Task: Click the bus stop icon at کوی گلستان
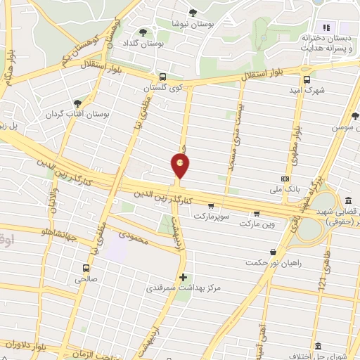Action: pos(163,77)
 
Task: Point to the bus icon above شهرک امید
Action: pos(307,79)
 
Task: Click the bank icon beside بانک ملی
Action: pos(284,179)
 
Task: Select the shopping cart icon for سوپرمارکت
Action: pos(211,206)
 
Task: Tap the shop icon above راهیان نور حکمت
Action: pos(272,252)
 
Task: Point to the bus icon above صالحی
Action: pos(86,268)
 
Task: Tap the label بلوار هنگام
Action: pos(10,67)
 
